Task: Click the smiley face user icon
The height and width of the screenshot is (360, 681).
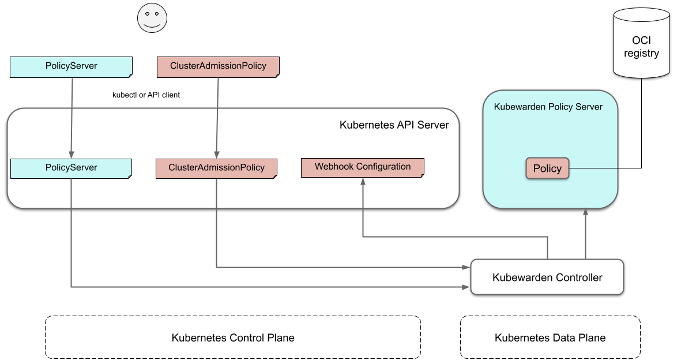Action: click(152, 18)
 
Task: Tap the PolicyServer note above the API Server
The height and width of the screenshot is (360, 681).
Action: click(71, 66)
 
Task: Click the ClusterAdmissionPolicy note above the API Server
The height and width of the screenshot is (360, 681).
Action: click(218, 66)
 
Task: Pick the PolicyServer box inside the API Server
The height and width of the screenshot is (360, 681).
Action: click(71, 168)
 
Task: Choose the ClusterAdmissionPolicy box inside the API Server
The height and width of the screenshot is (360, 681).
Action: click(216, 168)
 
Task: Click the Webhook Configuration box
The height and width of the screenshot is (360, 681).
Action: click(362, 167)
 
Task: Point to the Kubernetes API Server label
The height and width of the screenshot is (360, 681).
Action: click(394, 125)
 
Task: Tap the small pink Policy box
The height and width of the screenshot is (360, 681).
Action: click(547, 168)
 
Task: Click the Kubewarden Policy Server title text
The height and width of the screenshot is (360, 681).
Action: click(548, 107)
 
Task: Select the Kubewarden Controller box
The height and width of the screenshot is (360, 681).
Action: click(547, 277)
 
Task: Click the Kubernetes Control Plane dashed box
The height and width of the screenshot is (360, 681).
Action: click(233, 337)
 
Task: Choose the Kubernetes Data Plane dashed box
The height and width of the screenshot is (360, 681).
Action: click(550, 337)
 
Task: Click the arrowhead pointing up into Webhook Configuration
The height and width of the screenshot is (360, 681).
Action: click(363, 181)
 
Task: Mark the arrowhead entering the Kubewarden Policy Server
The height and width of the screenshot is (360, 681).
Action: click(585, 212)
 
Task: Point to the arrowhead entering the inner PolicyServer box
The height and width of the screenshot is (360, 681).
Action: click(71, 155)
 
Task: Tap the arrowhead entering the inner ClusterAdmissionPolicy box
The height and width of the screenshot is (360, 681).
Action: click(216, 155)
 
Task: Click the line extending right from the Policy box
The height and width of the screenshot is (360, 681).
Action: click(594, 168)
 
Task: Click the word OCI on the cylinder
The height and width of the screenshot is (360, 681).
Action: click(641, 40)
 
